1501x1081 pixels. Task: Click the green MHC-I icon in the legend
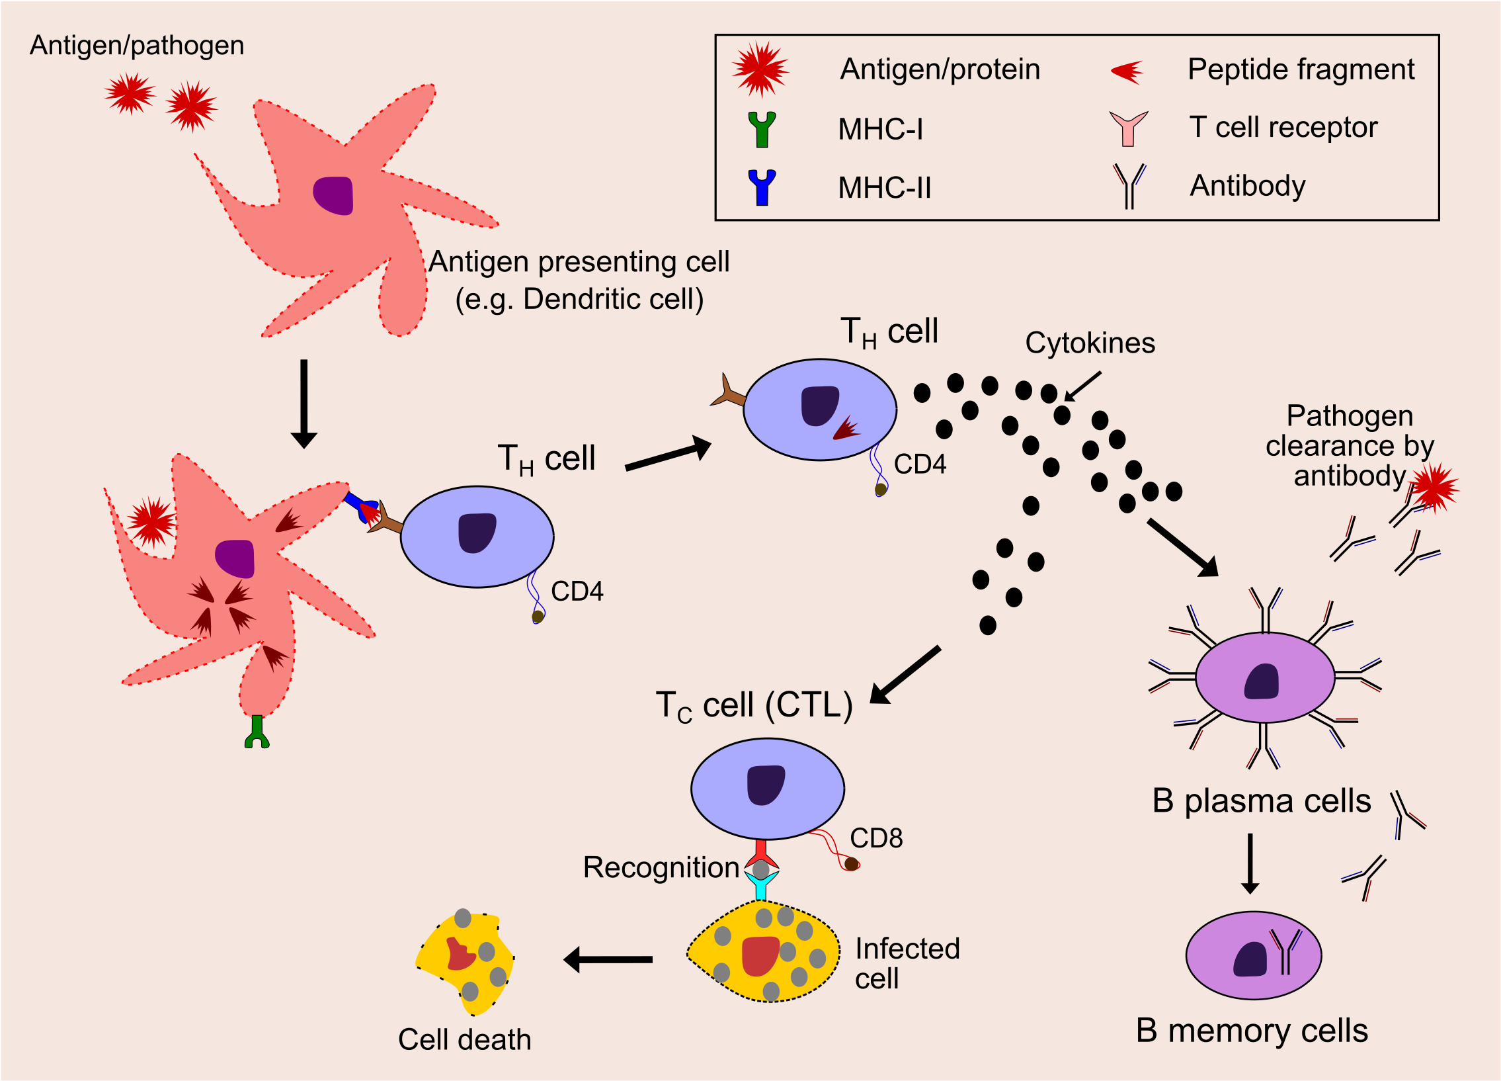click(x=762, y=129)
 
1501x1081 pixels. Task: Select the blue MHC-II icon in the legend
click(x=762, y=187)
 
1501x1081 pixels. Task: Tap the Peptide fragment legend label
click(x=1301, y=69)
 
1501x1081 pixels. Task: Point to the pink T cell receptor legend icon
click(x=1129, y=128)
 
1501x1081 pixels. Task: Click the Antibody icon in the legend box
click(x=1129, y=186)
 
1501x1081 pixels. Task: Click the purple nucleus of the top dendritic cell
click(x=333, y=195)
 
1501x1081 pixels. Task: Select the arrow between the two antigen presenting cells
click(x=304, y=403)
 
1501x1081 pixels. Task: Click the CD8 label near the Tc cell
click(x=876, y=838)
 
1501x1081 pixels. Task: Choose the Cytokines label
click(x=1090, y=343)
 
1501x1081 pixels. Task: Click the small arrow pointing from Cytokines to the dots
click(x=1082, y=386)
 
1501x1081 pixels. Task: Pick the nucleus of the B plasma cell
click(x=1262, y=682)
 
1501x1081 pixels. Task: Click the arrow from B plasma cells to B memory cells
click(x=1250, y=863)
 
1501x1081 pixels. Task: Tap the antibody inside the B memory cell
click(x=1285, y=951)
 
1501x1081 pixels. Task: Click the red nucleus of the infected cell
click(x=760, y=956)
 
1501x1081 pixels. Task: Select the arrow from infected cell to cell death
click(x=608, y=959)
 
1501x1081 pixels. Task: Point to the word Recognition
click(x=661, y=867)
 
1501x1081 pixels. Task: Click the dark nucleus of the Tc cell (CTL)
click(x=766, y=785)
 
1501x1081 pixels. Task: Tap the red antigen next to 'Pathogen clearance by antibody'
click(x=1435, y=488)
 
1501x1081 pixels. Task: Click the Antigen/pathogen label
click(x=137, y=46)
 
